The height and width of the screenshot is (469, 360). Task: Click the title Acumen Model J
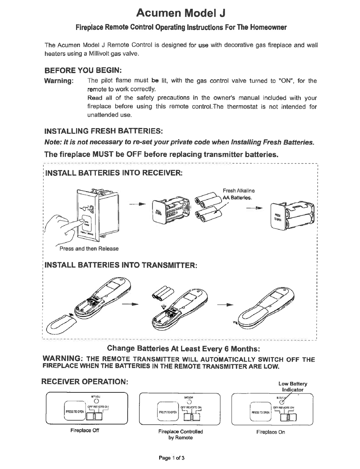point(181,13)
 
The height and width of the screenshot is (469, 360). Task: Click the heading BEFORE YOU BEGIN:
point(83,70)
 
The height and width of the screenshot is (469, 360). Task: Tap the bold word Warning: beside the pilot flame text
point(59,81)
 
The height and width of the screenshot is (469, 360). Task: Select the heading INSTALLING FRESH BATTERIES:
point(103,131)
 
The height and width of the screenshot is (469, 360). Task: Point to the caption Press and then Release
point(89,249)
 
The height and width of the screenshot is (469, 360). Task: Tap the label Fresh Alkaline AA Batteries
point(239,194)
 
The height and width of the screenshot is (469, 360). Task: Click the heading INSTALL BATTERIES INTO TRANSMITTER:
point(121,265)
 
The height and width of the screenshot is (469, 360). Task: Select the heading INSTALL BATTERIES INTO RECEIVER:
point(114,173)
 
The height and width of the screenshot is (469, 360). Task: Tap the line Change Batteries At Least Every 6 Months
point(183,348)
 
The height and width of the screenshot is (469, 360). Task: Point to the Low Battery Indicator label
point(293,386)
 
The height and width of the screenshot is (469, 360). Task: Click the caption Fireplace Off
point(85,430)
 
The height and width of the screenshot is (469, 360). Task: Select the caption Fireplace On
point(271,432)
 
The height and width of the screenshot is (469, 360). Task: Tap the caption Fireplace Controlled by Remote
point(180,434)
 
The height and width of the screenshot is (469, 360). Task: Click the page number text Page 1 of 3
point(172,458)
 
